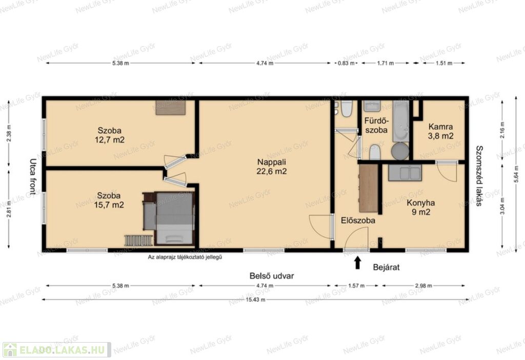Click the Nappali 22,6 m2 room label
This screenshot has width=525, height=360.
[272, 167]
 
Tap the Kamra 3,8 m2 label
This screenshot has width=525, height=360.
[440, 131]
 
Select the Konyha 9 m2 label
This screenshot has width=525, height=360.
[421, 207]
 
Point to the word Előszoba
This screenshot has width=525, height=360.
[358, 221]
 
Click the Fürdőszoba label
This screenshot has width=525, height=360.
[376, 125]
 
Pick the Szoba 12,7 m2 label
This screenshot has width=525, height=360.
[110, 135]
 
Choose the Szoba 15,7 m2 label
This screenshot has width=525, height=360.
[109, 200]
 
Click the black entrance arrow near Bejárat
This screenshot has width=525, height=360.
[357, 263]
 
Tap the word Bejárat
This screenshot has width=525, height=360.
[386, 267]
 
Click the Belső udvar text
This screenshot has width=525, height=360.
[272, 276]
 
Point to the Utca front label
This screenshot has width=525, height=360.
[33, 176]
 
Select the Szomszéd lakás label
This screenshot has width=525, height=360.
[479, 176]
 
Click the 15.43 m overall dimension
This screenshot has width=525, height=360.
[255, 299]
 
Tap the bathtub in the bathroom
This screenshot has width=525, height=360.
[401, 121]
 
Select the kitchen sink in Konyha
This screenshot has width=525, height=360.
[405, 173]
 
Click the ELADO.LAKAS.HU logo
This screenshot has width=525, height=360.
[56, 350]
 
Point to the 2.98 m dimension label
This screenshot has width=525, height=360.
[423, 286]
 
